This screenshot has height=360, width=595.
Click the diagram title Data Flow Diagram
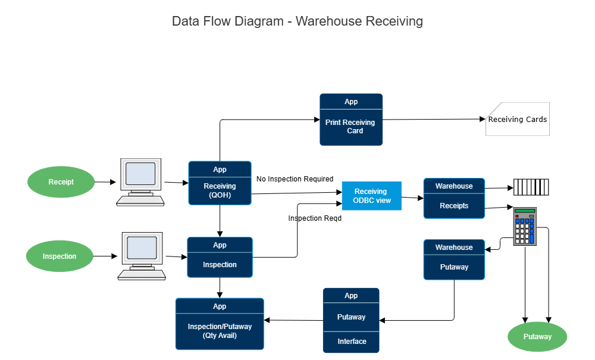pyautogui.click(x=297, y=21)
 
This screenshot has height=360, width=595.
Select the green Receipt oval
pyautogui.click(x=61, y=182)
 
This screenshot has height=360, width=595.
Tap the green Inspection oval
pyautogui.click(x=59, y=256)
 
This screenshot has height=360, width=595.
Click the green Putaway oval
pyautogui.click(x=537, y=337)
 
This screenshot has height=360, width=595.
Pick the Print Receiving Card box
pyautogui.click(x=351, y=127)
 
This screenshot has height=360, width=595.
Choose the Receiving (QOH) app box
pyautogui.click(x=220, y=190)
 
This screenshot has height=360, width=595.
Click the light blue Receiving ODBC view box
pyautogui.click(x=371, y=196)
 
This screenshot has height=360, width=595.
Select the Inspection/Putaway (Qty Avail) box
pyautogui.click(x=220, y=331)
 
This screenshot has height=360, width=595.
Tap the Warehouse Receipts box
pyautogui.click(x=453, y=206)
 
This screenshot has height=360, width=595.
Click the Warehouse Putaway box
pyautogui.click(x=453, y=267)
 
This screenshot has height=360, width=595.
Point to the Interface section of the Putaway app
pyautogui.click(x=351, y=342)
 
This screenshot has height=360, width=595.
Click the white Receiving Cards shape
pyautogui.click(x=517, y=120)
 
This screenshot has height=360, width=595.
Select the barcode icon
pyautogui.click(x=531, y=187)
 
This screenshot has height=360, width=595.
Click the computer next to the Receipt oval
pyautogui.click(x=140, y=182)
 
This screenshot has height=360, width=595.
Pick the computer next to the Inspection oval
pyautogui.click(x=142, y=256)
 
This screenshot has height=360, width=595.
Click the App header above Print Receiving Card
pyautogui.click(x=351, y=102)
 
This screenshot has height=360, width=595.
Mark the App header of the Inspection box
pyautogui.click(x=220, y=245)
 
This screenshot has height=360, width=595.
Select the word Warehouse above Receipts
pyautogui.click(x=453, y=186)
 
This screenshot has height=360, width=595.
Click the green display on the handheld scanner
pyautogui.click(x=525, y=211)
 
